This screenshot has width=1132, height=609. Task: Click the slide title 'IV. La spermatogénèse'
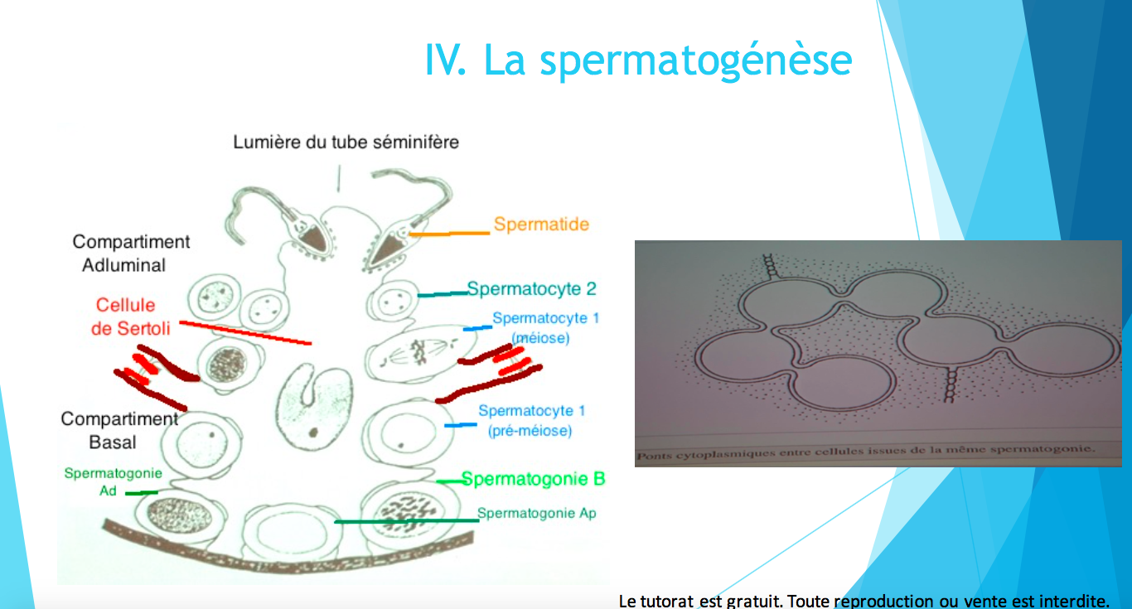pos(639,60)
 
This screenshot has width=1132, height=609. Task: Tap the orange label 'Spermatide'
pos(541,224)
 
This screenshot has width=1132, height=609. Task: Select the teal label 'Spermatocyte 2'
pos(532,288)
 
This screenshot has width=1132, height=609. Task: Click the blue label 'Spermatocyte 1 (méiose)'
pos(546,327)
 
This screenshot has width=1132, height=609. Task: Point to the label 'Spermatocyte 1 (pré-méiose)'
pos(531,420)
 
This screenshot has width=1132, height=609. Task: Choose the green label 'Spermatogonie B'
pos(533,479)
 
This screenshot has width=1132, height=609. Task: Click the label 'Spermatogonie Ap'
pos(537,513)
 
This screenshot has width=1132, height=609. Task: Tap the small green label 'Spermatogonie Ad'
pos(114,481)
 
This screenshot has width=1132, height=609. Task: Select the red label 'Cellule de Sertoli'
pos(130,317)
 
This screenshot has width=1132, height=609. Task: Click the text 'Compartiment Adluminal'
pos(131,254)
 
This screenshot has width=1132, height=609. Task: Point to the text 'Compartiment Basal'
pos(119,430)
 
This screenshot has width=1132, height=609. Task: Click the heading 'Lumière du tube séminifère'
pos(346,142)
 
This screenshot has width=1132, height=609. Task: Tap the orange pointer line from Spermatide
pos(449,234)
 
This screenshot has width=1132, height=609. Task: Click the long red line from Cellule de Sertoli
pos(245,332)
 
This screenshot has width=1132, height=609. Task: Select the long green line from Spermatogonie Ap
pos(406,520)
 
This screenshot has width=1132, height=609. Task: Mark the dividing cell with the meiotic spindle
pos(420,353)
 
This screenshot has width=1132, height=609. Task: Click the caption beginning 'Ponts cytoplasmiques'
pos(865,452)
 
